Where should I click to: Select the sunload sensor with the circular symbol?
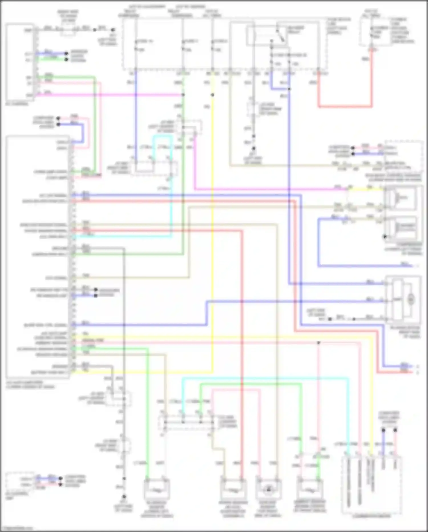pos(268,490)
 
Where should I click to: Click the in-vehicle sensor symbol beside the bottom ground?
pos(157,490)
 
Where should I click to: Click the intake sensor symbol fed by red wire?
pos(233,490)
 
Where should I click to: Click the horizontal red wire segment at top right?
pos(345,107)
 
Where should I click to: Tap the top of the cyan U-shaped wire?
pos(163,136)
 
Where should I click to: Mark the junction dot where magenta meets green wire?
pos(183,95)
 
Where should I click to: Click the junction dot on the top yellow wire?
pos(213,95)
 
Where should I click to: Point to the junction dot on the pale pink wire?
pos(319,342)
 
